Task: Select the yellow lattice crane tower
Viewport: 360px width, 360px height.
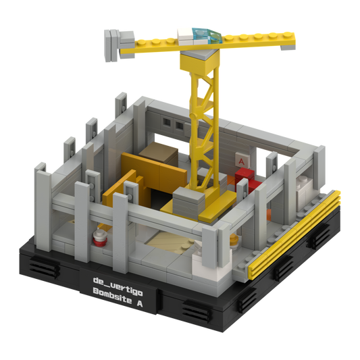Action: pos(203,128)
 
